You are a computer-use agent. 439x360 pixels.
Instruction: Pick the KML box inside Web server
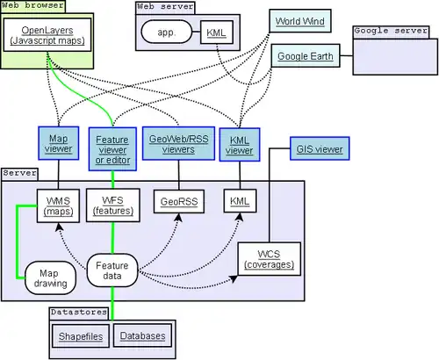[x=215, y=33]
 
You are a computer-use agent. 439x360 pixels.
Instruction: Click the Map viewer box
[x=59, y=142]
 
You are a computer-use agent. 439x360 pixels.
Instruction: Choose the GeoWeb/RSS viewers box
[x=179, y=144]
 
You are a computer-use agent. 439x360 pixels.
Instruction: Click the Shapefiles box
[x=81, y=336]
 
